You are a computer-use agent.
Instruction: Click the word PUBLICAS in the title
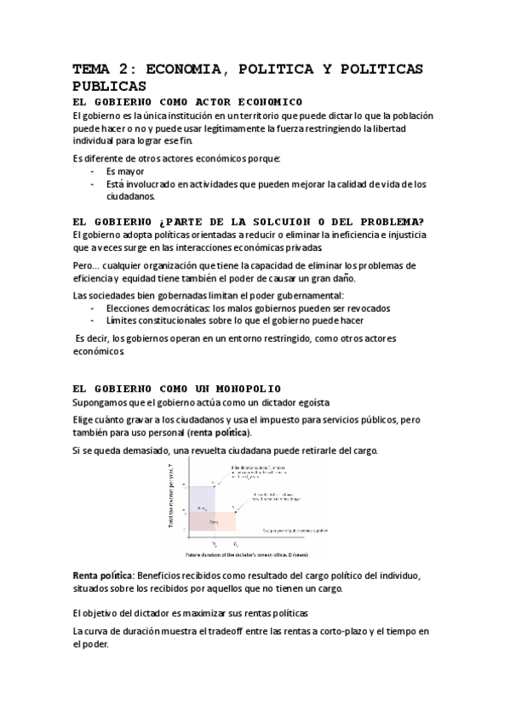click(x=110, y=86)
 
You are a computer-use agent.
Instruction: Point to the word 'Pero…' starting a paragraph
click(x=88, y=264)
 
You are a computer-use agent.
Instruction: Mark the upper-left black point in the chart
click(x=214, y=483)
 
